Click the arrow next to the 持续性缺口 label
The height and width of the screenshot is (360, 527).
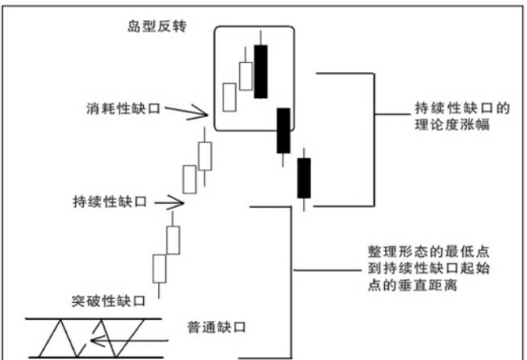point(164,202)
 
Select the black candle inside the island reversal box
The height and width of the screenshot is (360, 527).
point(262,69)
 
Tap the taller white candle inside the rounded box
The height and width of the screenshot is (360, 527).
point(246,75)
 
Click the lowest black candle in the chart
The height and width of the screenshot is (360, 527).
point(304,178)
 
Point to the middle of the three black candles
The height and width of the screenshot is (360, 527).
point(282,130)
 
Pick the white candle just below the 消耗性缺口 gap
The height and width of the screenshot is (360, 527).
point(204,154)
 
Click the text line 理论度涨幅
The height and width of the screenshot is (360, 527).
point(454,126)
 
